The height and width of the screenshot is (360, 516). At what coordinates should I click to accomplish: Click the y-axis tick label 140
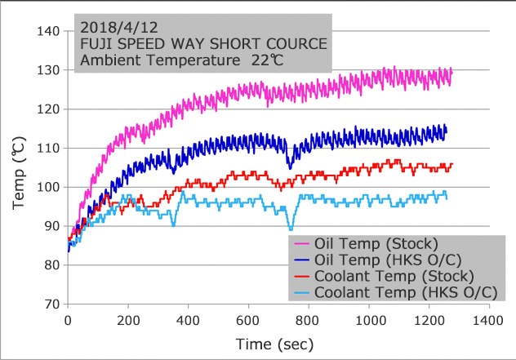point(48,31)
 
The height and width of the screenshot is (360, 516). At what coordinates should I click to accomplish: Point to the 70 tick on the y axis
point(51,304)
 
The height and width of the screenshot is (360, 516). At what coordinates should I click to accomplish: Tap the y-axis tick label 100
point(48,187)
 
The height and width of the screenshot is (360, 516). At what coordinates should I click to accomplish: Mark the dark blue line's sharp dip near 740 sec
point(290,166)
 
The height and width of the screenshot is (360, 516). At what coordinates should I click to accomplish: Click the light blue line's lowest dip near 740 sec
point(291,229)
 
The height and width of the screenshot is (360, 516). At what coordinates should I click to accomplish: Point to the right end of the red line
point(451,164)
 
